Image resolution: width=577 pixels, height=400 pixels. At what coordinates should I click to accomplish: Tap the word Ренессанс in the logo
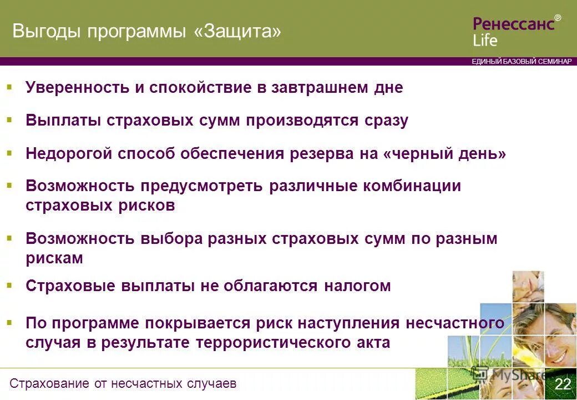(513, 24)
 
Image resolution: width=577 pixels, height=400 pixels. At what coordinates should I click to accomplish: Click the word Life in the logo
(485, 40)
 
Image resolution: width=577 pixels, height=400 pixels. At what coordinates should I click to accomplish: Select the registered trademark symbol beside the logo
(558, 18)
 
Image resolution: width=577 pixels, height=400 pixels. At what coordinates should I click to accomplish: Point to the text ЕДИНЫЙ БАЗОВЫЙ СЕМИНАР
(521, 62)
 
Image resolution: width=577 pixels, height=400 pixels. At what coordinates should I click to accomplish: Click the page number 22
(563, 384)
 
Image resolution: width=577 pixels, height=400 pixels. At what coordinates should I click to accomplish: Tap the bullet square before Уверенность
(9, 87)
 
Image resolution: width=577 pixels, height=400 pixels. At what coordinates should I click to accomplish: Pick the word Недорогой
(69, 153)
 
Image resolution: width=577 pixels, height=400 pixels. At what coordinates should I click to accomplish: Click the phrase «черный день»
(444, 153)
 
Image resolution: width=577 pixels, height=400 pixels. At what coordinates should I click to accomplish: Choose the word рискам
(54, 258)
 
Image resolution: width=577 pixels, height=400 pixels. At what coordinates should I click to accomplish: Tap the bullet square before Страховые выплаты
(9, 286)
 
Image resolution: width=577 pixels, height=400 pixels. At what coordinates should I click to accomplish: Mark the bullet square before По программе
(9, 322)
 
